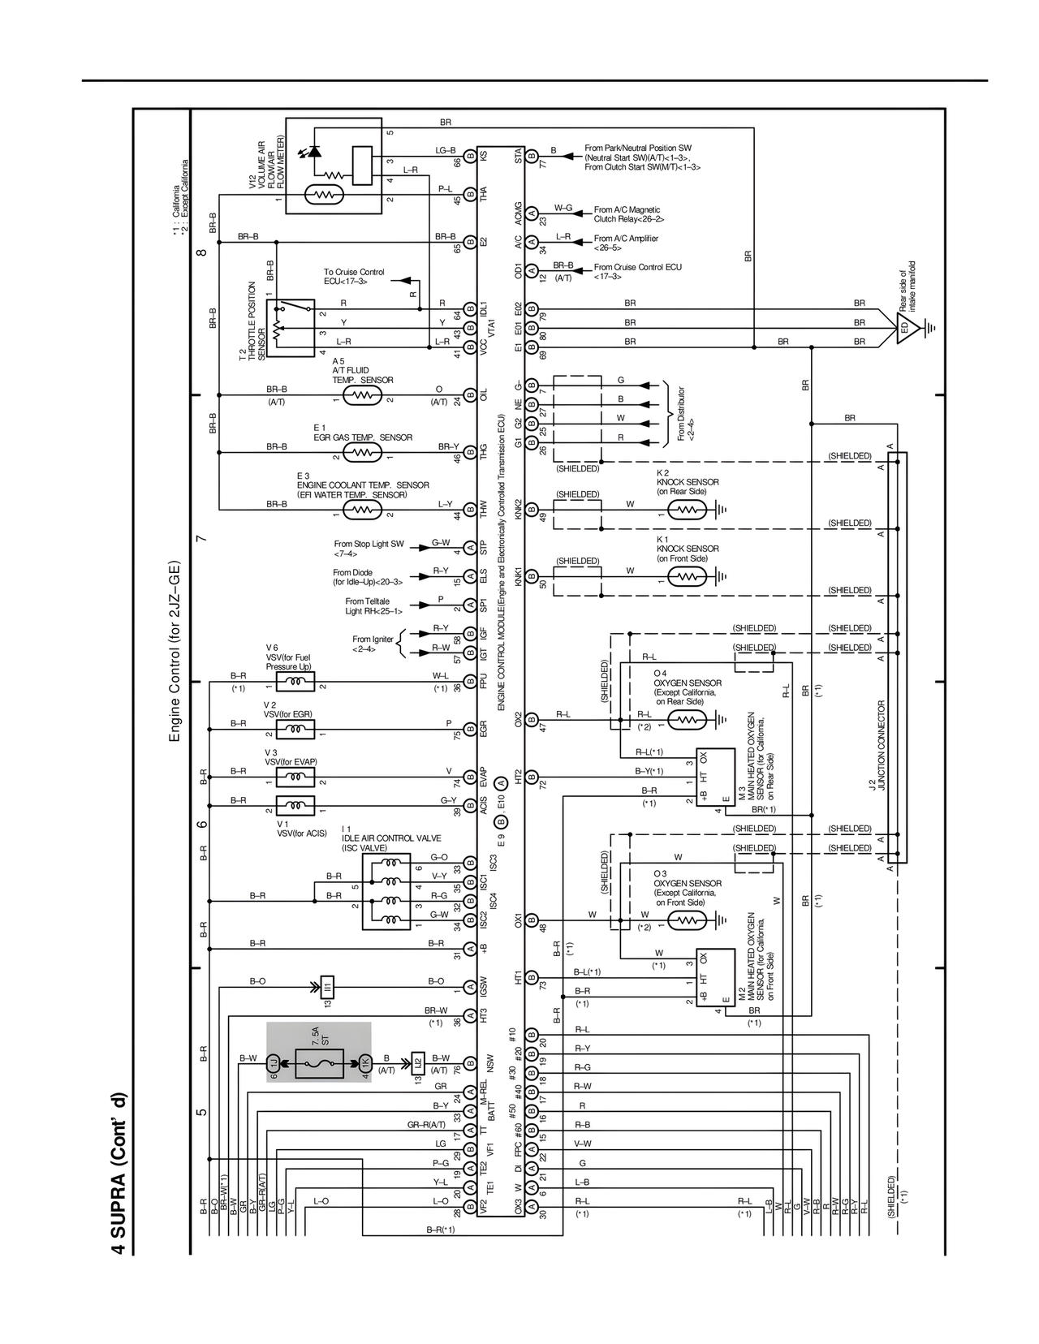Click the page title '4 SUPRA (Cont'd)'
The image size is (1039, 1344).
[x=119, y=1173]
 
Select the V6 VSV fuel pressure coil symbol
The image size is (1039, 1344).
[x=295, y=682]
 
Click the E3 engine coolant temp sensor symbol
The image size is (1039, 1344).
[x=362, y=510]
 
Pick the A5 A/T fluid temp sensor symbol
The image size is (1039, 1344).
[x=362, y=395]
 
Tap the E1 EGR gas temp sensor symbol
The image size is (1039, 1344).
[x=362, y=452]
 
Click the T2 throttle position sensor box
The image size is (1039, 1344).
[x=290, y=327]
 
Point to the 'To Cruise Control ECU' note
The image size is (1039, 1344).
[x=354, y=277]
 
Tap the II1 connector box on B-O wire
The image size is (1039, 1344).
[x=328, y=986]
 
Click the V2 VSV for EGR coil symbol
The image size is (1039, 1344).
[x=295, y=730]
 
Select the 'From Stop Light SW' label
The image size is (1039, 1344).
[x=369, y=549]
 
